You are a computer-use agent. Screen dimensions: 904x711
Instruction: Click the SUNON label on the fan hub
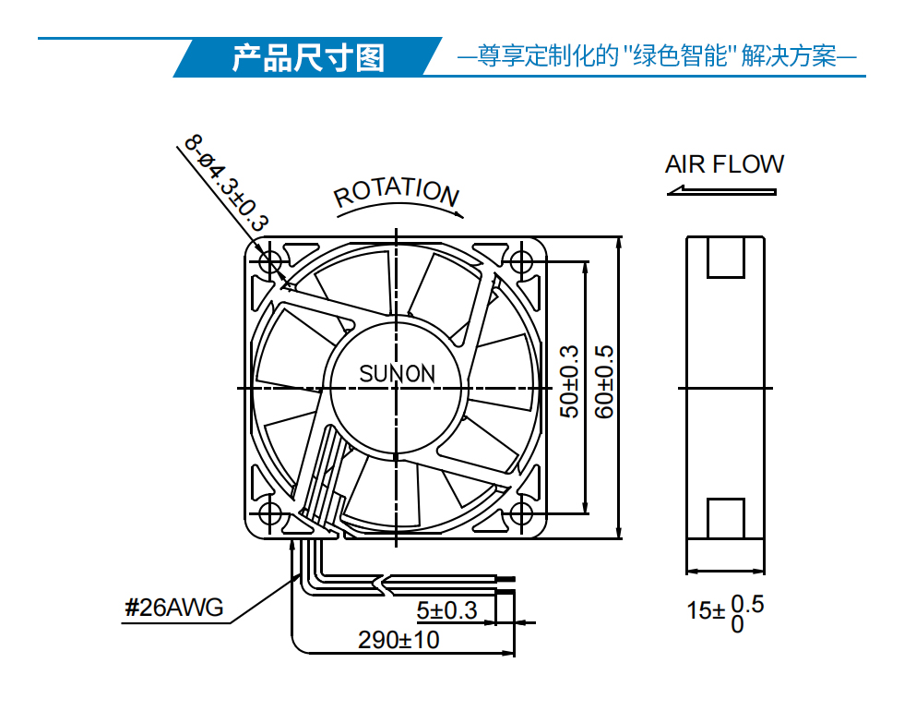point(397,374)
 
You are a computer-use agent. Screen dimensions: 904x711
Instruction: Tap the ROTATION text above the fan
point(397,192)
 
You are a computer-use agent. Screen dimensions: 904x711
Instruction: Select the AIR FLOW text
point(724,164)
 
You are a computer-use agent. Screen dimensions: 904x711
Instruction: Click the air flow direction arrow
point(721,190)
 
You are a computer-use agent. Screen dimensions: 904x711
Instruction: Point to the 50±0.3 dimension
point(570,381)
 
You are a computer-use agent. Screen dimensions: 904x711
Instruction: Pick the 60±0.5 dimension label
point(604,381)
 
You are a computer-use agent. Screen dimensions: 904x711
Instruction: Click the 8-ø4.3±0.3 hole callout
point(227,183)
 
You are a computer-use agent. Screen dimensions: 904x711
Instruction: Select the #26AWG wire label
point(174,608)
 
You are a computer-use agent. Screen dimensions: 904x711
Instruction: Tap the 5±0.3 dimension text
point(446,610)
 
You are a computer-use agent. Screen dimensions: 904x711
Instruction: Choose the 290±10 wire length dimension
point(398,640)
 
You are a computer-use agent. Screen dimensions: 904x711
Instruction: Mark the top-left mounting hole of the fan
point(269,262)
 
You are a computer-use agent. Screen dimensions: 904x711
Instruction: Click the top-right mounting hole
point(522,262)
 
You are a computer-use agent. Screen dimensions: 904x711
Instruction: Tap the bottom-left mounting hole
point(269,513)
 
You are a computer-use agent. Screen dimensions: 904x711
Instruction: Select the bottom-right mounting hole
point(522,513)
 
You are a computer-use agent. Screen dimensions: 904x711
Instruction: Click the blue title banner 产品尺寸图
point(308,57)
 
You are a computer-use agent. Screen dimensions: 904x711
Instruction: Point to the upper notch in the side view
point(726,258)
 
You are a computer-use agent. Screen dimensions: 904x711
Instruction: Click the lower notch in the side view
point(726,518)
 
